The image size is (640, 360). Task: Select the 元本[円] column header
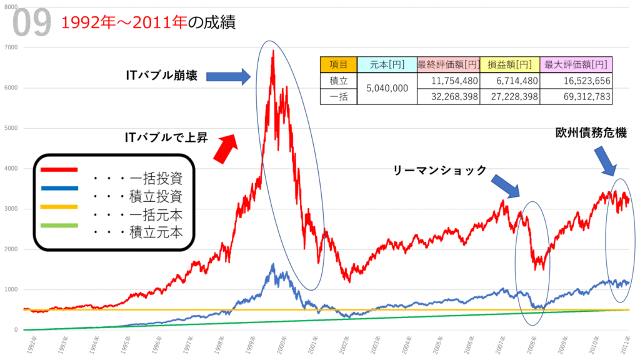pos(386,64)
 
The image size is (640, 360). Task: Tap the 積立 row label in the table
pos(338,81)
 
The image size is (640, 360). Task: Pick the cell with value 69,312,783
pos(576,96)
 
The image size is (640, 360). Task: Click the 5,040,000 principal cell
pos(386,88)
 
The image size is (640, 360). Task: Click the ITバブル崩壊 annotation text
pos(162,76)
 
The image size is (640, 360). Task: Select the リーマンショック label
pos(440,169)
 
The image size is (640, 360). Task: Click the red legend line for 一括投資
pos(59,169)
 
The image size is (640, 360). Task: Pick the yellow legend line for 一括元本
pos(59,206)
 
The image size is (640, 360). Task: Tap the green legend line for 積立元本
pos(59,225)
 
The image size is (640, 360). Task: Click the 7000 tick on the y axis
pos(11,47)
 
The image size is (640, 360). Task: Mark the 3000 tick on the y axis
pos(11,209)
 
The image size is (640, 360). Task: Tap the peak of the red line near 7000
pos(273,51)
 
